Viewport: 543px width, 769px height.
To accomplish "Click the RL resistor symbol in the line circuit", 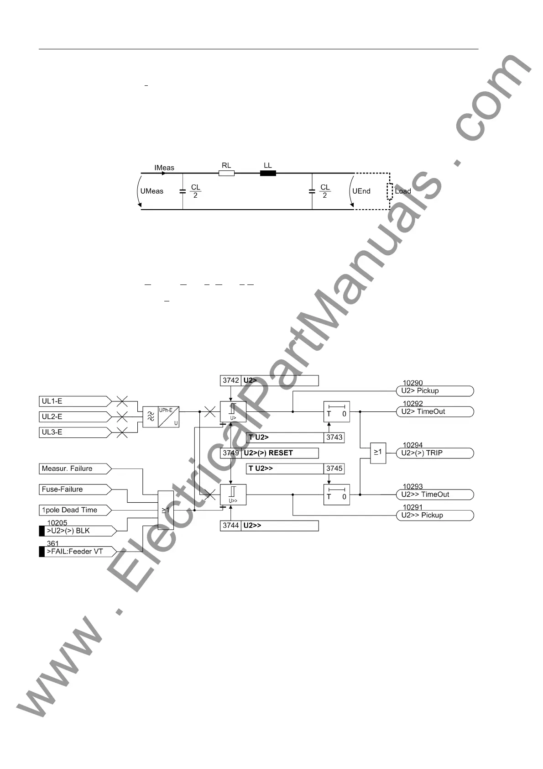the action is point(226,173).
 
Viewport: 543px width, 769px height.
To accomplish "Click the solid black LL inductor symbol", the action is point(268,173).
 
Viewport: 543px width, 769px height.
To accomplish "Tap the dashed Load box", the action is point(390,191).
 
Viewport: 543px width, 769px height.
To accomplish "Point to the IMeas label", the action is point(164,168).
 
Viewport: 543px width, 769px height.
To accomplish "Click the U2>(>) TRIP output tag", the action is point(434,453).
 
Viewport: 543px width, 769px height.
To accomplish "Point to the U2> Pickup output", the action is point(434,391).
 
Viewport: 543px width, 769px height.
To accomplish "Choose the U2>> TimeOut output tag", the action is point(434,495).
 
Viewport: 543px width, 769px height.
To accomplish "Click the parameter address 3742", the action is point(230,380).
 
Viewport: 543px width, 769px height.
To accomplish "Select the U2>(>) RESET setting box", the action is point(279,453).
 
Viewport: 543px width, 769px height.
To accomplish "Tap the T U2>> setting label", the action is point(285,469).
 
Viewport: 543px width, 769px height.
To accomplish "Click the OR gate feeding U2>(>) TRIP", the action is point(378,453).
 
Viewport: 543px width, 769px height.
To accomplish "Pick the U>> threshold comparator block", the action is point(233,495).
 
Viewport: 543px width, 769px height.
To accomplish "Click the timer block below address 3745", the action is point(337,495).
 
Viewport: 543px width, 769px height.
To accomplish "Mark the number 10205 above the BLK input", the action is point(57,523).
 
